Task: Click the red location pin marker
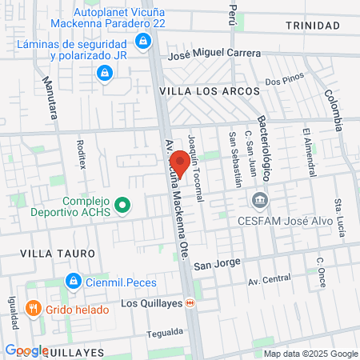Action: pyautogui.click(x=180, y=162)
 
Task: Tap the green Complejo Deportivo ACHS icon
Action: pyautogui.click(x=122, y=206)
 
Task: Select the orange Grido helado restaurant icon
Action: pyautogui.click(x=33, y=307)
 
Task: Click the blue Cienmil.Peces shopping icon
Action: pyautogui.click(x=73, y=282)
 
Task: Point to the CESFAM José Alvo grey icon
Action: pyautogui.click(x=258, y=200)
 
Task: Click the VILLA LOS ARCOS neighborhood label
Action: pyautogui.click(x=210, y=92)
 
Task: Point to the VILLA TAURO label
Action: pyautogui.click(x=58, y=253)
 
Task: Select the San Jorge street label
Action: pyautogui.click(x=214, y=263)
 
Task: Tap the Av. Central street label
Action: pyautogui.click(x=269, y=280)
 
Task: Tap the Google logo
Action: pyautogui.click(x=26, y=350)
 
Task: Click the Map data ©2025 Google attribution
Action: pyautogui.click(x=311, y=354)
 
